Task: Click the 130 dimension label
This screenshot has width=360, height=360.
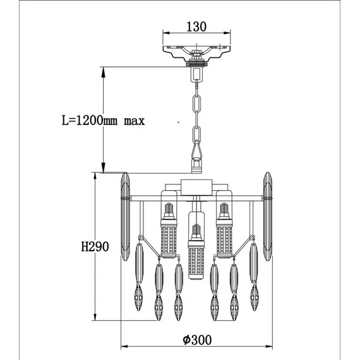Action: tap(196, 27)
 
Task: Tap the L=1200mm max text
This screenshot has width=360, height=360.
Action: tap(104, 121)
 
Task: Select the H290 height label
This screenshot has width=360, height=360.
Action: tap(95, 247)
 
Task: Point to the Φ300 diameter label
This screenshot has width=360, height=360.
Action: tap(197, 340)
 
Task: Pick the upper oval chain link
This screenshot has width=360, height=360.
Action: tap(196, 104)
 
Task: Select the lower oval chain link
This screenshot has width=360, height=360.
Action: tap(196, 135)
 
